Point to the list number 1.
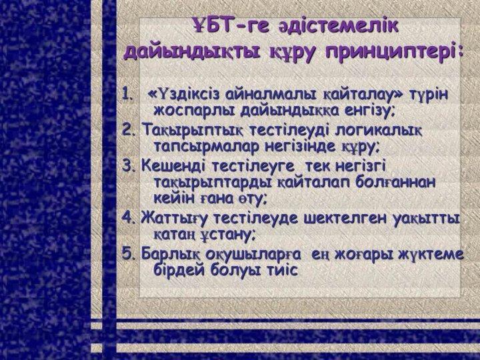(x=127, y=94)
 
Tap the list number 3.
(x=128, y=165)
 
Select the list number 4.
(x=128, y=217)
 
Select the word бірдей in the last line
(x=181, y=270)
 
